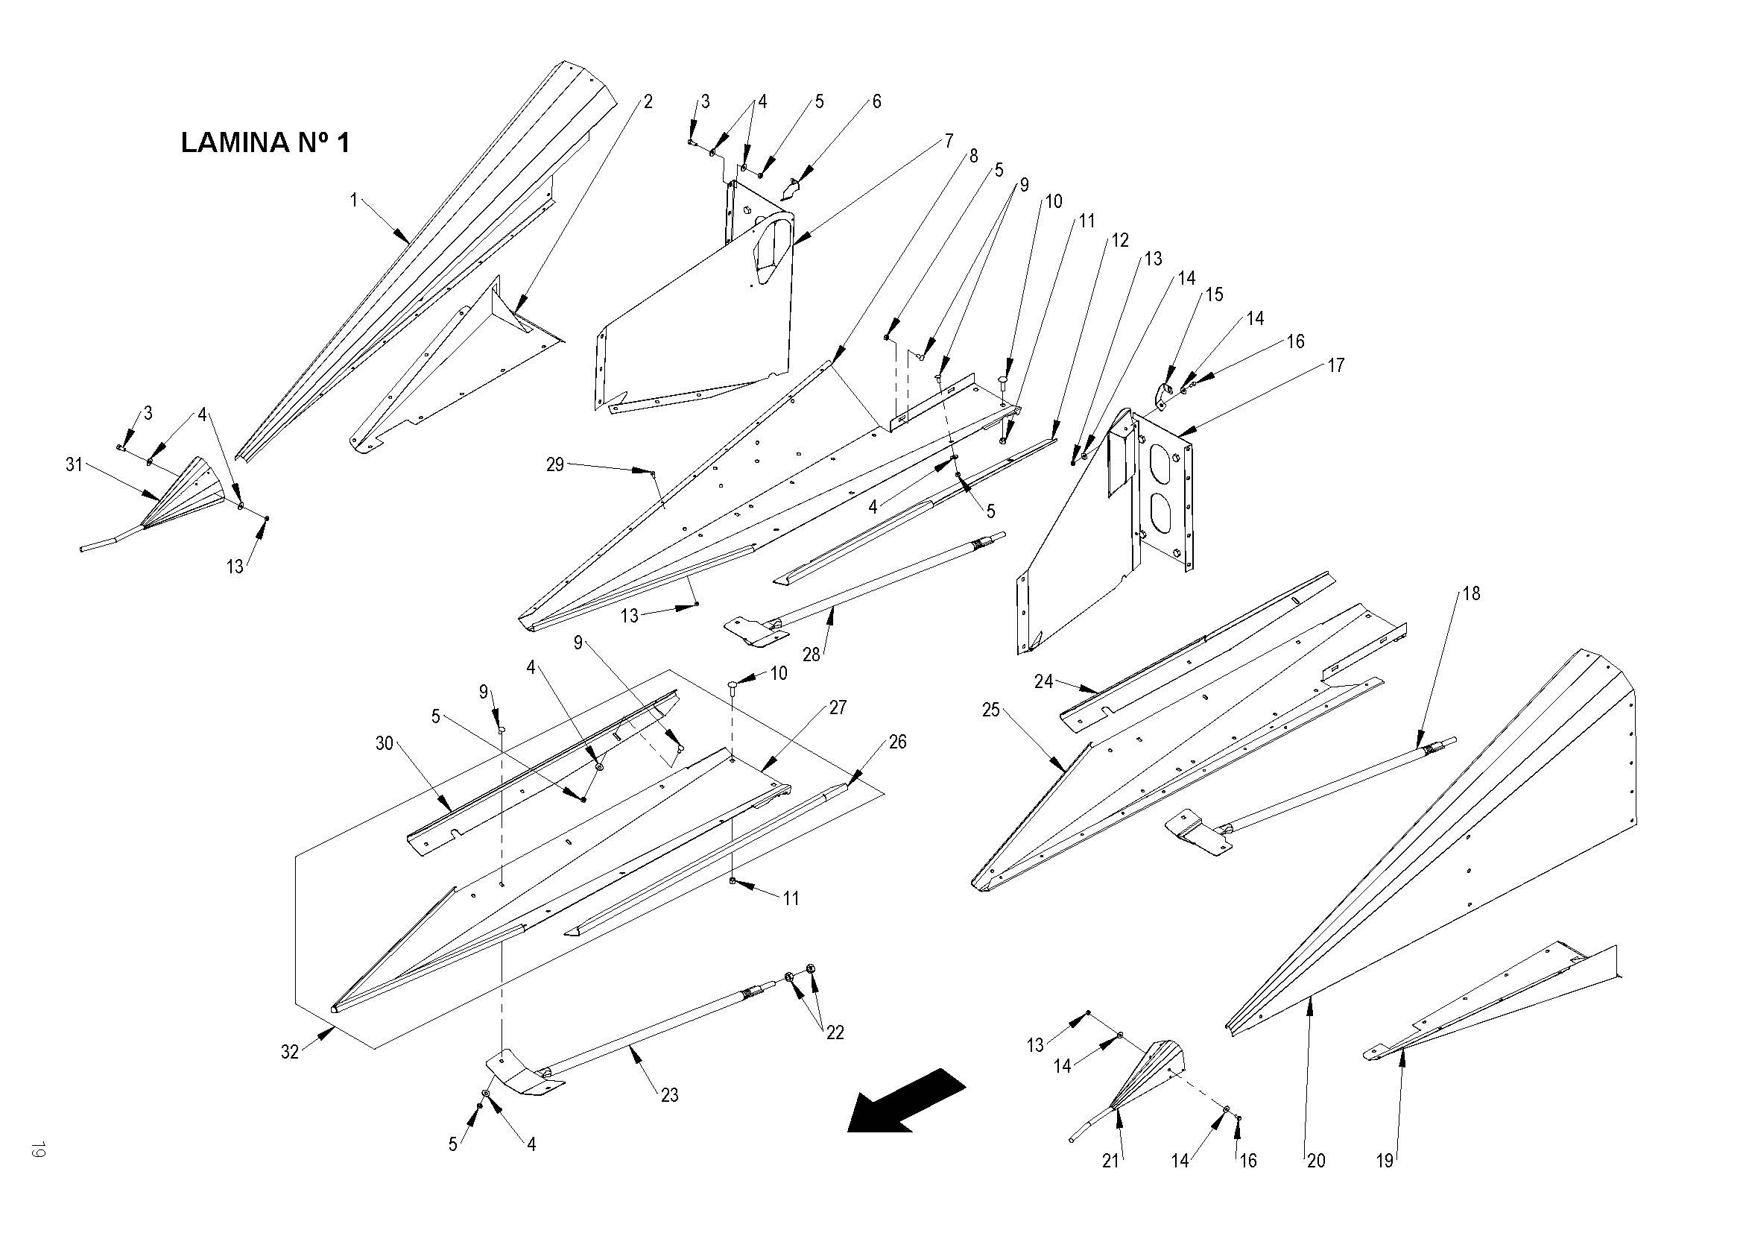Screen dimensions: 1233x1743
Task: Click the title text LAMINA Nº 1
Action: [x=265, y=142]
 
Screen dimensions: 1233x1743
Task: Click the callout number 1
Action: [x=353, y=200]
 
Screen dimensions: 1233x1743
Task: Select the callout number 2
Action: [x=648, y=101]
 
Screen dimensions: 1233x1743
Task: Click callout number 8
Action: [x=973, y=156]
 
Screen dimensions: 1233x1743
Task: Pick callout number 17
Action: [x=1335, y=365]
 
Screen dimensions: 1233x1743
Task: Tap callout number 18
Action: [x=1471, y=593]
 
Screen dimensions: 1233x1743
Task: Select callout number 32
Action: [x=290, y=1053]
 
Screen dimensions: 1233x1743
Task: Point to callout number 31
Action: [x=74, y=464]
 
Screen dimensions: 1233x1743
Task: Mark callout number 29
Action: [x=555, y=464]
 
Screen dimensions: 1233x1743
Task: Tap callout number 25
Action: [x=990, y=710]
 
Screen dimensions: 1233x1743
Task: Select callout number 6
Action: [x=876, y=101]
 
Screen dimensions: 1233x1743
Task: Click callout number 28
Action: [x=812, y=654]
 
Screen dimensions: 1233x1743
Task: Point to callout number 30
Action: [x=385, y=743]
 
